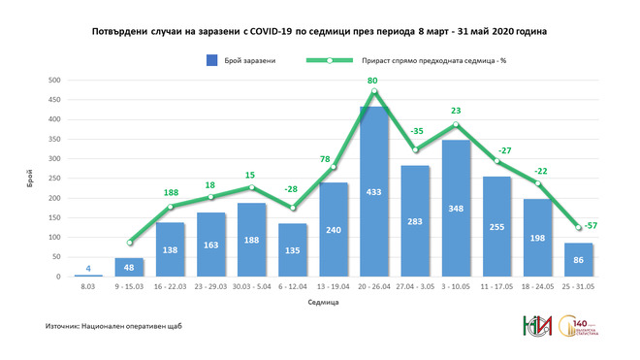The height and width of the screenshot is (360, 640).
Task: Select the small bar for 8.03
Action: [x=88, y=276]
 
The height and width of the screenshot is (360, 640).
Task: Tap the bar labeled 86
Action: [x=578, y=260]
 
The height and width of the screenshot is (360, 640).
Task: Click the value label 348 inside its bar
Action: [x=456, y=236]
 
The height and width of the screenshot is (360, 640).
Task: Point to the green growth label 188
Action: [x=171, y=192]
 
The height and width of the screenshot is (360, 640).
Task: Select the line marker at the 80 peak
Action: [x=374, y=92]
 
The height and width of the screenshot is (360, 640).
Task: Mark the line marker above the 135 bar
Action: [x=293, y=208]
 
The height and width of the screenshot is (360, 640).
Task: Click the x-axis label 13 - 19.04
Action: [x=334, y=288]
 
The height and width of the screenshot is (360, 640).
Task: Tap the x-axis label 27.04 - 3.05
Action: [x=415, y=288]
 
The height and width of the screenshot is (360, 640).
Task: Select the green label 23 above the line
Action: [x=455, y=111]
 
